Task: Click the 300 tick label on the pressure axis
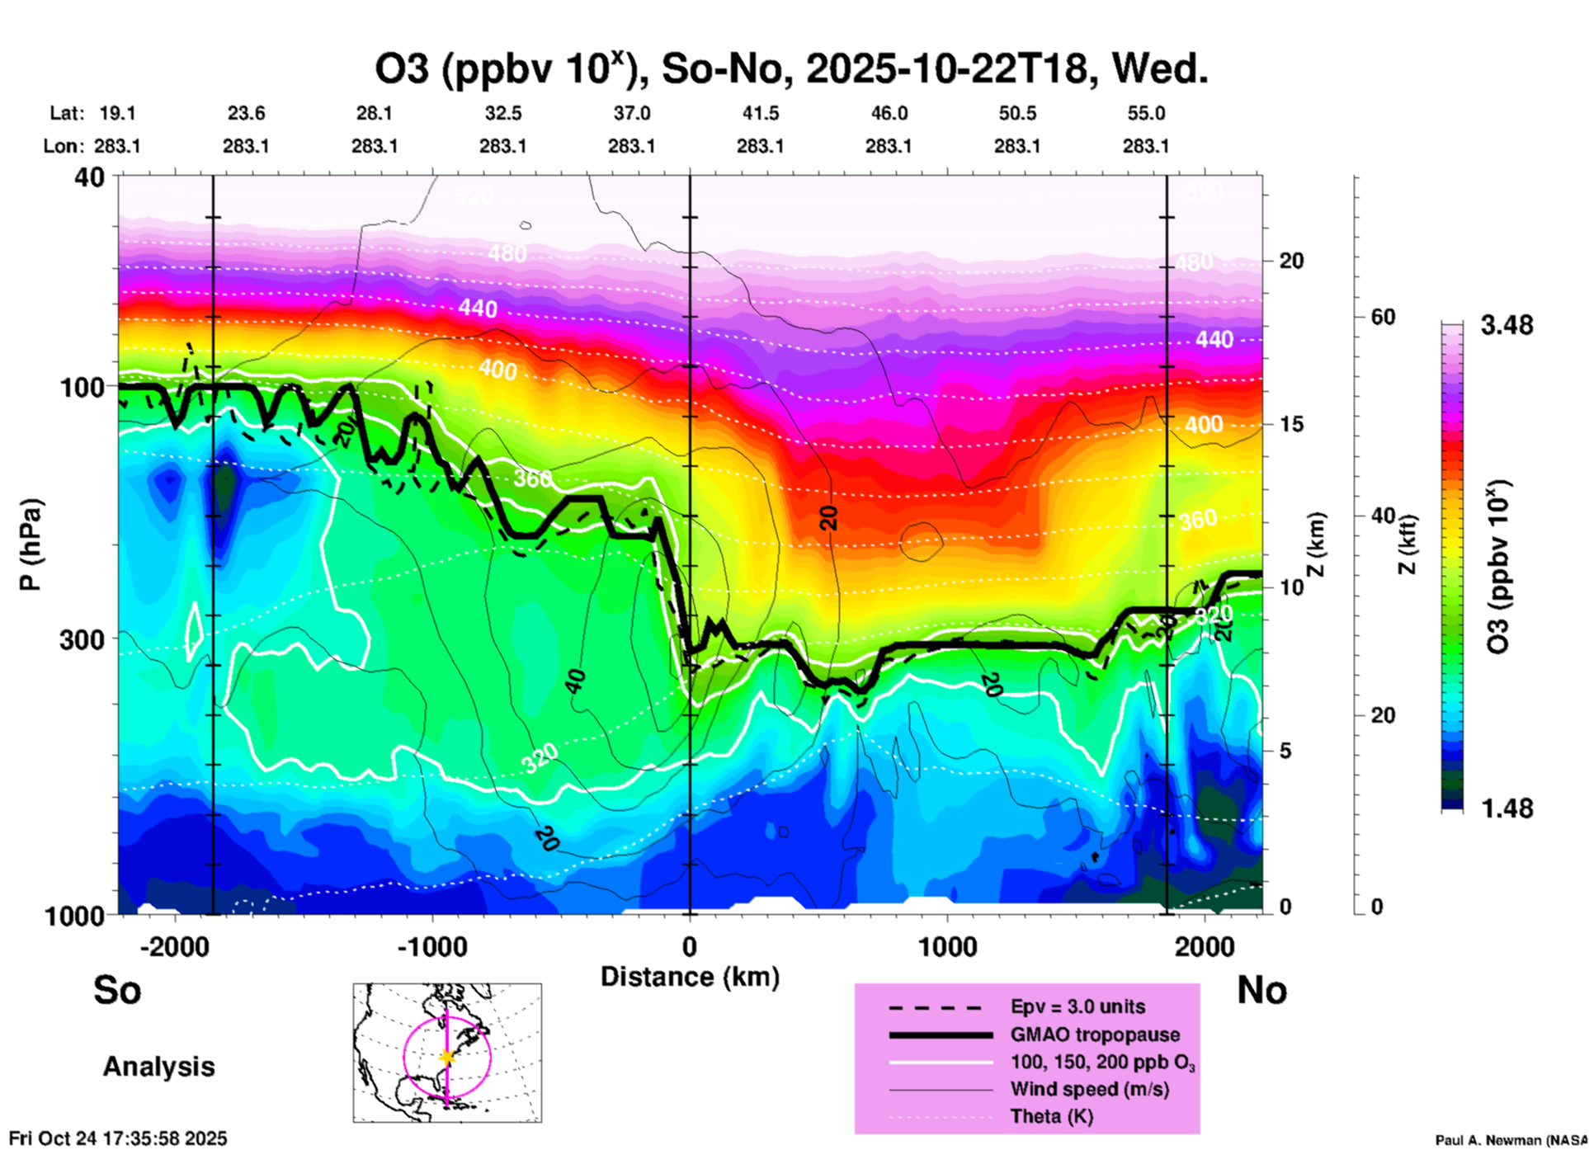(81, 639)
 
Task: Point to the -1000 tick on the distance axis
(431, 946)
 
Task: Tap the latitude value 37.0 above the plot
(631, 113)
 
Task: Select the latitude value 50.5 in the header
(1016, 113)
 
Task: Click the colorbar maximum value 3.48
(1506, 325)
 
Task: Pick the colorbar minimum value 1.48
(1506, 808)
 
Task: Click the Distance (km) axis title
(690, 977)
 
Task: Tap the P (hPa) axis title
(31, 544)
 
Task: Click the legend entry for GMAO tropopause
(1095, 1035)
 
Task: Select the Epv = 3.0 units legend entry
(1077, 1006)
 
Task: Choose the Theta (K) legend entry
(1051, 1116)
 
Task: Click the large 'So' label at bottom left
(117, 990)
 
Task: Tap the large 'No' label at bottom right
(1261, 990)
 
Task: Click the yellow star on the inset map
(447, 1057)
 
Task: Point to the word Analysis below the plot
(158, 1067)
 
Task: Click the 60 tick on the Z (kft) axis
(1383, 317)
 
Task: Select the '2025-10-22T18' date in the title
(946, 69)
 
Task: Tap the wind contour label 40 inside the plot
(575, 681)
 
